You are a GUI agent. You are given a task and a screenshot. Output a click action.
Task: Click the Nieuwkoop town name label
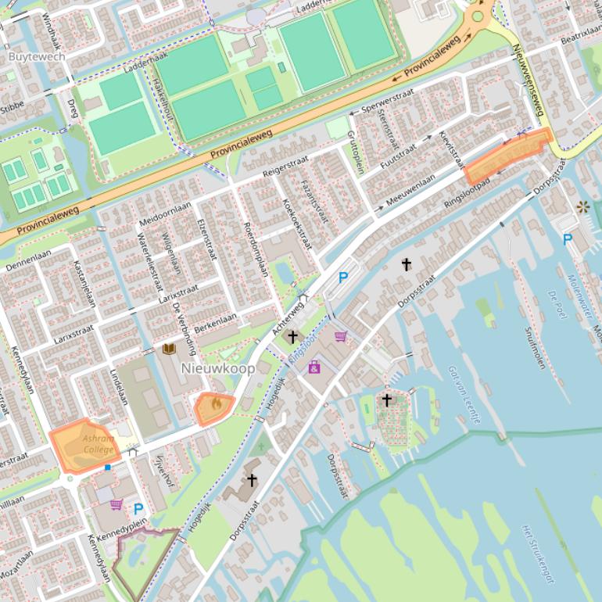(x=218, y=368)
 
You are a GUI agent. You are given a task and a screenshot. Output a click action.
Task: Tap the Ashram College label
(x=99, y=444)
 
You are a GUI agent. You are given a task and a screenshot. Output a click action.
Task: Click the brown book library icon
(x=169, y=349)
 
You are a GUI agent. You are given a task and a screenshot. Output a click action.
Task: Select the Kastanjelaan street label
(x=84, y=285)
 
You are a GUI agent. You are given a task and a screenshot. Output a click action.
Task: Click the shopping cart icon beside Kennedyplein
(x=116, y=505)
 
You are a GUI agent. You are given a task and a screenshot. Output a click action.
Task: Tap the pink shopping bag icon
(x=314, y=366)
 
